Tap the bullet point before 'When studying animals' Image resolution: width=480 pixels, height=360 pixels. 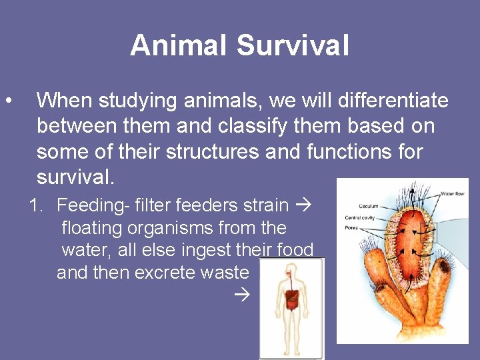(7, 101)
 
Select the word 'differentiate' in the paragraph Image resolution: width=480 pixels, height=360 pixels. (393, 101)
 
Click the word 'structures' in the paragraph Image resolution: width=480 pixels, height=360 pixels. (210, 151)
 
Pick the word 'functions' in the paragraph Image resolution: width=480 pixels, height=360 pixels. (351, 151)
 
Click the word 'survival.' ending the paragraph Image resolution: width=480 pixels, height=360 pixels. (75, 177)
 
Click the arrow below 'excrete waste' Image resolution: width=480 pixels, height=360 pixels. (243, 293)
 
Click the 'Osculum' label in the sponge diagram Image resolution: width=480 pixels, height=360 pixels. (368, 207)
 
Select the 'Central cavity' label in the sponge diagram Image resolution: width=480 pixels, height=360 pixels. (361, 218)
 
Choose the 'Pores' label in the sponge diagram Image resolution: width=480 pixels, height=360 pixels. (351, 228)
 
